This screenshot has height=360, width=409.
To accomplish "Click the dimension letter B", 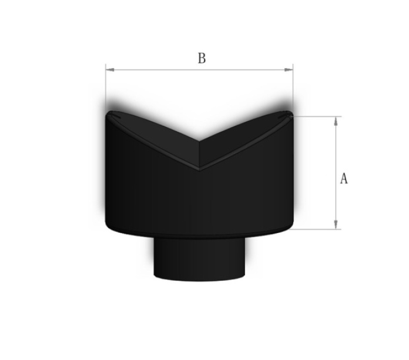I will coord(202,58).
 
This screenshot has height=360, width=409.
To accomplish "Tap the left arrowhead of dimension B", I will coord(109,70).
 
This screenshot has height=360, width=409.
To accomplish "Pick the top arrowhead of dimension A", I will coord(336,120).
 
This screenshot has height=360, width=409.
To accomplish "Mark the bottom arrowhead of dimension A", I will coord(336,225).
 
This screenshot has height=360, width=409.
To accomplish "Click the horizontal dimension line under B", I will coord(200,70).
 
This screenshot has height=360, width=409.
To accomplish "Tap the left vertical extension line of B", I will coord(105,88).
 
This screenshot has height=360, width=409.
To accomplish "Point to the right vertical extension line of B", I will coord(293,88).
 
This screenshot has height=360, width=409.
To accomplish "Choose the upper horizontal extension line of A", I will coord(317,116).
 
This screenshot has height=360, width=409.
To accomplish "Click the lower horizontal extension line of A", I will coord(317,229).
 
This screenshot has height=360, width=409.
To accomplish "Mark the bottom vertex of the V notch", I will coord(200,169).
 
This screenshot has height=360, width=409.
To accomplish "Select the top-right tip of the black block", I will coord(291,112).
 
